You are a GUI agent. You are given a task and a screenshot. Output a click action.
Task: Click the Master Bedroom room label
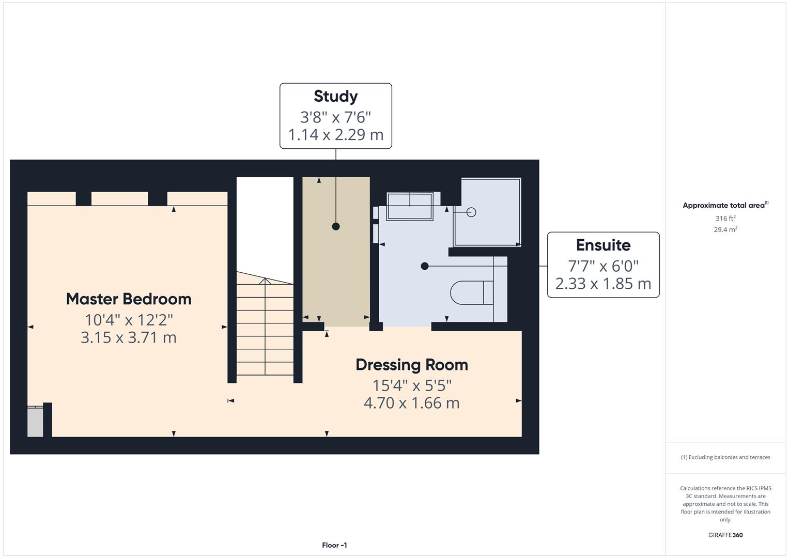click(x=129, y=299)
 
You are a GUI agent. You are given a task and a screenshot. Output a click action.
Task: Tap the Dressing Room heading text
click(x=411, y=365)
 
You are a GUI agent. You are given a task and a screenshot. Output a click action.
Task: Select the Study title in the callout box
click(x=335, y=97)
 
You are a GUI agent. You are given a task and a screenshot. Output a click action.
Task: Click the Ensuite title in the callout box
click(x=603, y=245)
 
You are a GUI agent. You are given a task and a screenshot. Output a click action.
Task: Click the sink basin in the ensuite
click(x=410, y=206)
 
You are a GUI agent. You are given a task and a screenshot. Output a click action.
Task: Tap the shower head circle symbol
click(x=471, y=212)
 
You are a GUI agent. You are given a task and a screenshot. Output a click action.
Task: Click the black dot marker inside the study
click(x=336, y=226)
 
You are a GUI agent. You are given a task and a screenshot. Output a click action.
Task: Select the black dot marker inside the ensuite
click(x=425, y=266)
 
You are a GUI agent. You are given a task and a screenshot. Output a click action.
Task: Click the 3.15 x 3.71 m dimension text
click(x=129, y=337)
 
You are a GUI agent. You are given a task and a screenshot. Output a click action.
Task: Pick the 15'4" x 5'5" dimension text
click(x=412, y=385)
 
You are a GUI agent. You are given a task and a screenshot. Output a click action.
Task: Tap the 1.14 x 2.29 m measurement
click(x=335, y=135)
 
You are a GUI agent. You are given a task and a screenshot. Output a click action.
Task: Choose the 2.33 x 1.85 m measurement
click(x=603, y=284)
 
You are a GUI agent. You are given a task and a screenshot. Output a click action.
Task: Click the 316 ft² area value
click(x=725, y=219)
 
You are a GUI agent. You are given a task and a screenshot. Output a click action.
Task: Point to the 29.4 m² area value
click(x=725, y=230)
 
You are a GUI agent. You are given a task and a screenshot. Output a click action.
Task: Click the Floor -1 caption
click(x=334, y=545)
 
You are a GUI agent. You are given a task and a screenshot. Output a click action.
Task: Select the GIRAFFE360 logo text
click(x=725, y=535)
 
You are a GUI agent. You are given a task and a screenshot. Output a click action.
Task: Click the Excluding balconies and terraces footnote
click(x=725, y=457)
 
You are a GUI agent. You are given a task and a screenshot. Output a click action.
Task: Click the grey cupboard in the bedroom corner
click(x=35, y=422)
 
